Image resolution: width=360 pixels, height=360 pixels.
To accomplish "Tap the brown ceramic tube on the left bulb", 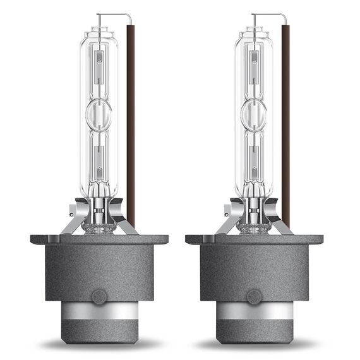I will point(130,120).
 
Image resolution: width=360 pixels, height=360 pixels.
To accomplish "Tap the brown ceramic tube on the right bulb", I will point(285,120).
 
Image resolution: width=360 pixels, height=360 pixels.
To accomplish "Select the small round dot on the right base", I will point(254,296).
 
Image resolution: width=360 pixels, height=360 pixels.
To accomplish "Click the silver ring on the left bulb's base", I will point(99,310).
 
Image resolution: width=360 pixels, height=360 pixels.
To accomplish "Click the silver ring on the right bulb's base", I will point(254,310).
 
